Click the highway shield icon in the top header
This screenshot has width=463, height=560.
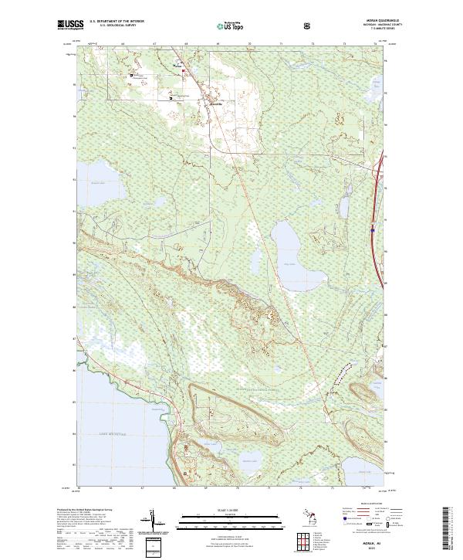click(310, 25)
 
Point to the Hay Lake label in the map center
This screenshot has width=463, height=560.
click(291, 263)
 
